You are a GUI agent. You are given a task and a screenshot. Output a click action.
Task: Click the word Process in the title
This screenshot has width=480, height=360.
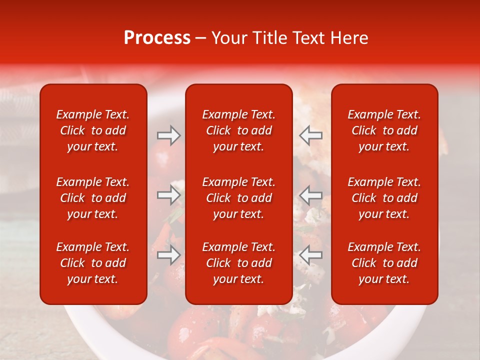[157, 38]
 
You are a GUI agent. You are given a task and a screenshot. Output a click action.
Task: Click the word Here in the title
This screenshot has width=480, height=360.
[350, 38]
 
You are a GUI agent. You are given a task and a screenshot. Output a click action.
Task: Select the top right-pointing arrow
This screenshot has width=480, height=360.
[168, 135]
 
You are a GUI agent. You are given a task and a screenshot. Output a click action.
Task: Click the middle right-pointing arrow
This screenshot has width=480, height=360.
[168, 195]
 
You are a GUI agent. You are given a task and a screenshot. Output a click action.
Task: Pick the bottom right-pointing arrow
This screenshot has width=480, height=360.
[168, 255]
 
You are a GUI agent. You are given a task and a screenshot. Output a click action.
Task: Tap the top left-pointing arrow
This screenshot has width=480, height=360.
[310, 135]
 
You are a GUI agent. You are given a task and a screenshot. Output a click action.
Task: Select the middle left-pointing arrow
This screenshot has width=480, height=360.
[310, 195]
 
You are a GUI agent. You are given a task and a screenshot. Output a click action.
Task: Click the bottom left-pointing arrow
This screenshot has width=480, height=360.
[310, 255]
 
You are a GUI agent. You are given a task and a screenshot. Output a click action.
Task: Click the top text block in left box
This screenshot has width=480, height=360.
[93, 130]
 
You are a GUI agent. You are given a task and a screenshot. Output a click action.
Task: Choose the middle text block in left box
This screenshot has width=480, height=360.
[93, 198]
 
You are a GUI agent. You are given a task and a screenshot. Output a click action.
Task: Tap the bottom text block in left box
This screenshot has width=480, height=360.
[93, 263]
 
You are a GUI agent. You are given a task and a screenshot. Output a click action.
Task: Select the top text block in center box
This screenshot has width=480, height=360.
[239, 130]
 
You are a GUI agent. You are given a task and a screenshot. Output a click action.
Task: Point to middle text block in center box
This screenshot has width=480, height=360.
[239, 198]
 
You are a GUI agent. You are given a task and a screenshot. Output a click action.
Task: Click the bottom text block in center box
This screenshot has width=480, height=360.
[239, 263]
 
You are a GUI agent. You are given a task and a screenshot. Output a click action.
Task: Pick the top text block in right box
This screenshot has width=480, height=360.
[384, 130]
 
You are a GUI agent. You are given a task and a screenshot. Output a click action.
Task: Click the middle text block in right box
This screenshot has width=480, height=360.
[384, 198]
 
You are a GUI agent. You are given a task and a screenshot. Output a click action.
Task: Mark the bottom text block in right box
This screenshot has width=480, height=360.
[384, 263]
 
